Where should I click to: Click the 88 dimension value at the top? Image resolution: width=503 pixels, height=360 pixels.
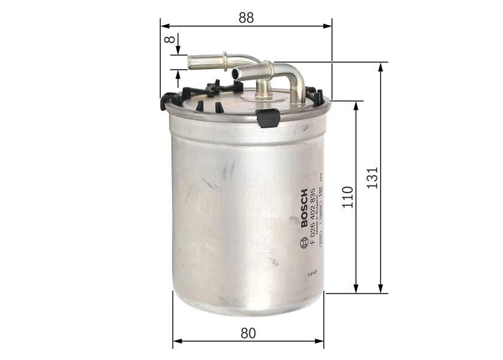(246, 17)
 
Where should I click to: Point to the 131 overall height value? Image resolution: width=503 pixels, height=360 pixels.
(372, 178)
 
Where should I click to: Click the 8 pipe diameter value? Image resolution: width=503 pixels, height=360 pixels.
(170, 41)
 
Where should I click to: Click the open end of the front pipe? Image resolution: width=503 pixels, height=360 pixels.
(236, 74)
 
